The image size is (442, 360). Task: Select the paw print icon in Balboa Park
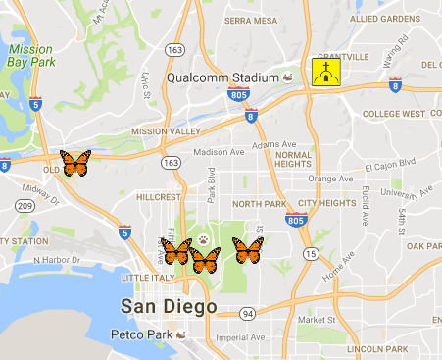point(203,238)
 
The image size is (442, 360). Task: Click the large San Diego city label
point(168,307)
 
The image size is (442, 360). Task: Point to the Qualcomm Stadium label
point(223,77)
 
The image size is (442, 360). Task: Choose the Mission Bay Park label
point(29,55)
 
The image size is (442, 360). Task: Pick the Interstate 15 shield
point(310,254)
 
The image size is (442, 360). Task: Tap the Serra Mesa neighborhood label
point(250,20)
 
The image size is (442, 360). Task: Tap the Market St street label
point(318,320)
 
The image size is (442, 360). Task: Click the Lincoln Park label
point(388,349)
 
